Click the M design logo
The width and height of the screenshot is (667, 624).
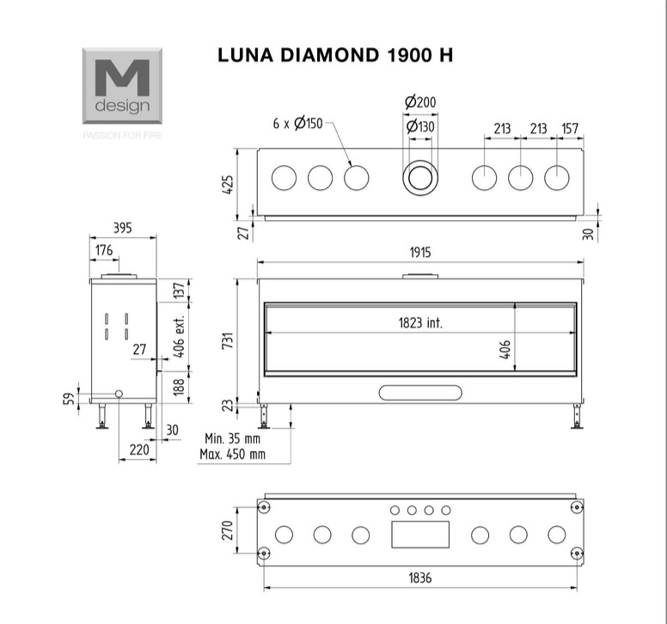[122, 85]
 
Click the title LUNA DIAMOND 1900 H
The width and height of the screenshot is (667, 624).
[335, 55]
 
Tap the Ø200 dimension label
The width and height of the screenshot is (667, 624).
[420, 102]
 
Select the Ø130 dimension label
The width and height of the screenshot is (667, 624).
[420, 126]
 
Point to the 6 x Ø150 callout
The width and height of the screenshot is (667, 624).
[297, 124]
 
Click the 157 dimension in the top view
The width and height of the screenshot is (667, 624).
[570, 128]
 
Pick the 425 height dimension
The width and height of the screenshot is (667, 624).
[228, 185]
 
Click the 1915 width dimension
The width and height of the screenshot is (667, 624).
[420, 253]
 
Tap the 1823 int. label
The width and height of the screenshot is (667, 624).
[420, 323]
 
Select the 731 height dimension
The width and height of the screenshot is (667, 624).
[228, 340]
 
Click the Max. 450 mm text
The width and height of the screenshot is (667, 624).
[232, 455]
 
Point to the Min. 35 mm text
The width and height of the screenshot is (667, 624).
[232, 438]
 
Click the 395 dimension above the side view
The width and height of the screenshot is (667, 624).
[123, 228]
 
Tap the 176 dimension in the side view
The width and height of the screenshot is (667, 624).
[104, 250]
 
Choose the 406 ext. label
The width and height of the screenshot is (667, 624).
[180, 336]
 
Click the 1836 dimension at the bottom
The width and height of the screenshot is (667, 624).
[420, 578]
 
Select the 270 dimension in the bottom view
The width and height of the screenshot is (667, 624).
[228, 530]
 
